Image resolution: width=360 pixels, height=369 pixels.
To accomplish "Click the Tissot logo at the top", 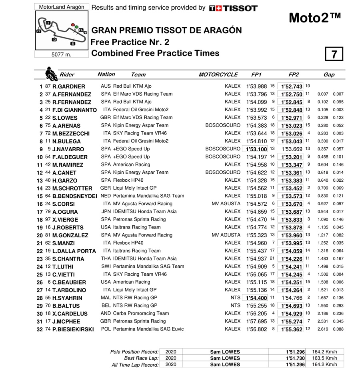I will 233,8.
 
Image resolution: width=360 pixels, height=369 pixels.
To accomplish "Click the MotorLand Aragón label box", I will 61,7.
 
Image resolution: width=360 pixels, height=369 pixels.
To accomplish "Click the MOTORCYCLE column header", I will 218,74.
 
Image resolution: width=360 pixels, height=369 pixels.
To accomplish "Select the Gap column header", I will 329,74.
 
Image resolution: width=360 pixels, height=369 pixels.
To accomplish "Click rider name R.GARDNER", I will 69,86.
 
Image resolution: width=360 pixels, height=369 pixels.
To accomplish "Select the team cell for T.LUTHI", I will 148,267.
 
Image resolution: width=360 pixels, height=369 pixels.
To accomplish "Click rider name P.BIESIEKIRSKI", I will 73,329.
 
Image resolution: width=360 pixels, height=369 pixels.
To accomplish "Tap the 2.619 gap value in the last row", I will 323,329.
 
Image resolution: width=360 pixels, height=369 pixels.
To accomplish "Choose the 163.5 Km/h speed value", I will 324,358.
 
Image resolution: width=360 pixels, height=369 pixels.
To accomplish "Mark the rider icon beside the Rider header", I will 50,74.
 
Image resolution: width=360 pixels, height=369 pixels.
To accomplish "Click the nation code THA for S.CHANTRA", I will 106,259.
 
